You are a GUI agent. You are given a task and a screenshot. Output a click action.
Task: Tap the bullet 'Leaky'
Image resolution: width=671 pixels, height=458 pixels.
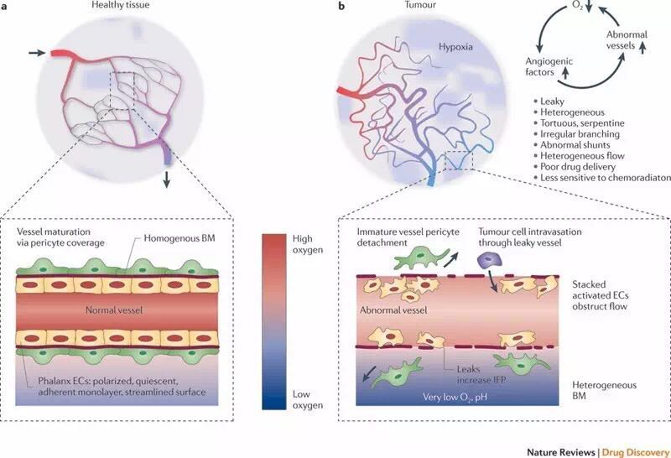(x=558, y=101)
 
